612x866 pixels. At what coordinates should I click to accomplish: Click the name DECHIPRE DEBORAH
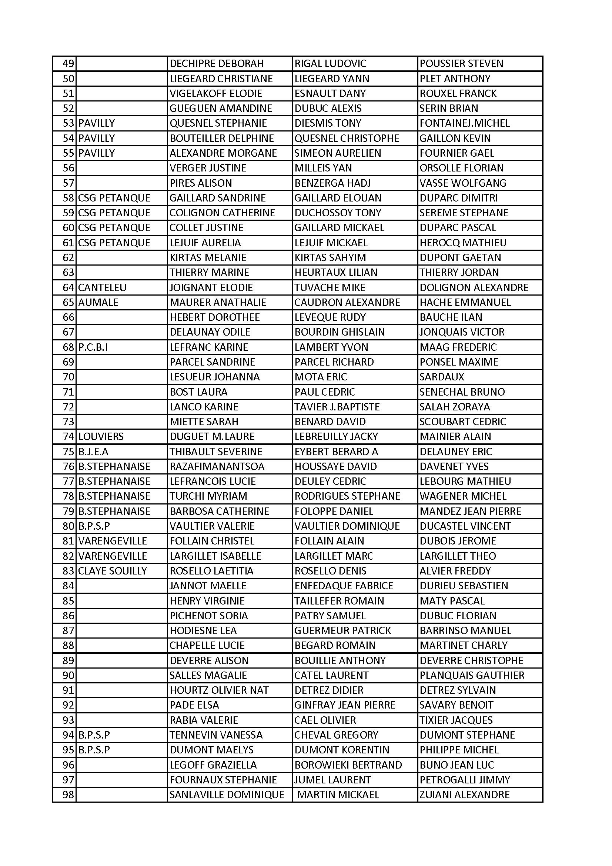click(x=217, y=64)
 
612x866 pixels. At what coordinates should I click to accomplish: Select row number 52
click(x=68, y=109)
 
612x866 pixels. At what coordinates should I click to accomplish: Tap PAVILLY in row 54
click(x=97, y=139)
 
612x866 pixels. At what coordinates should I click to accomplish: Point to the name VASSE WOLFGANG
click(x=463, y=183)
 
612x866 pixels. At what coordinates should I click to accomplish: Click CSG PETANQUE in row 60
click(x=114, y=228)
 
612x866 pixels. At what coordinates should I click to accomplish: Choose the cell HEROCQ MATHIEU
click(x=463, y=243)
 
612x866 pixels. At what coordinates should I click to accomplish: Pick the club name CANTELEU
click(x=102, y=288)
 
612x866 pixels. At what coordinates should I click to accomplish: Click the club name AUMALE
click(x=98, y=303)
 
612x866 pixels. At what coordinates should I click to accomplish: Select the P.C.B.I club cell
click(x=93, y=347)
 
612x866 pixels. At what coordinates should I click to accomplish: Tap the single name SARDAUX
click(x=442, y=377)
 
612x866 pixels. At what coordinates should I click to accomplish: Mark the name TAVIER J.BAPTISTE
click(x=337, y=407)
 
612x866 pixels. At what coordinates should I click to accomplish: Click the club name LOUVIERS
click(x=101, y=437)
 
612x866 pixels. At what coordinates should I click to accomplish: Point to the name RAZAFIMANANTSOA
click(x=217, y=467)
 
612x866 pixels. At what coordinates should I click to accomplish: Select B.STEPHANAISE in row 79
click(x=114, y=512)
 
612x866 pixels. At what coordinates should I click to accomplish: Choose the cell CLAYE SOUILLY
click(x=113, y=571)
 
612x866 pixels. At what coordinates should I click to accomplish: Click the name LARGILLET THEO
click(x=458, y=556)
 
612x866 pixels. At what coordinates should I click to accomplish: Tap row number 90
click(x=68, y=676)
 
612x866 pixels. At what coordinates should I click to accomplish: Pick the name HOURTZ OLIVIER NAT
click(x=219, y=690)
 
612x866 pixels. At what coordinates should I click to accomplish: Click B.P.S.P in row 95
click(x=94, y=750)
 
